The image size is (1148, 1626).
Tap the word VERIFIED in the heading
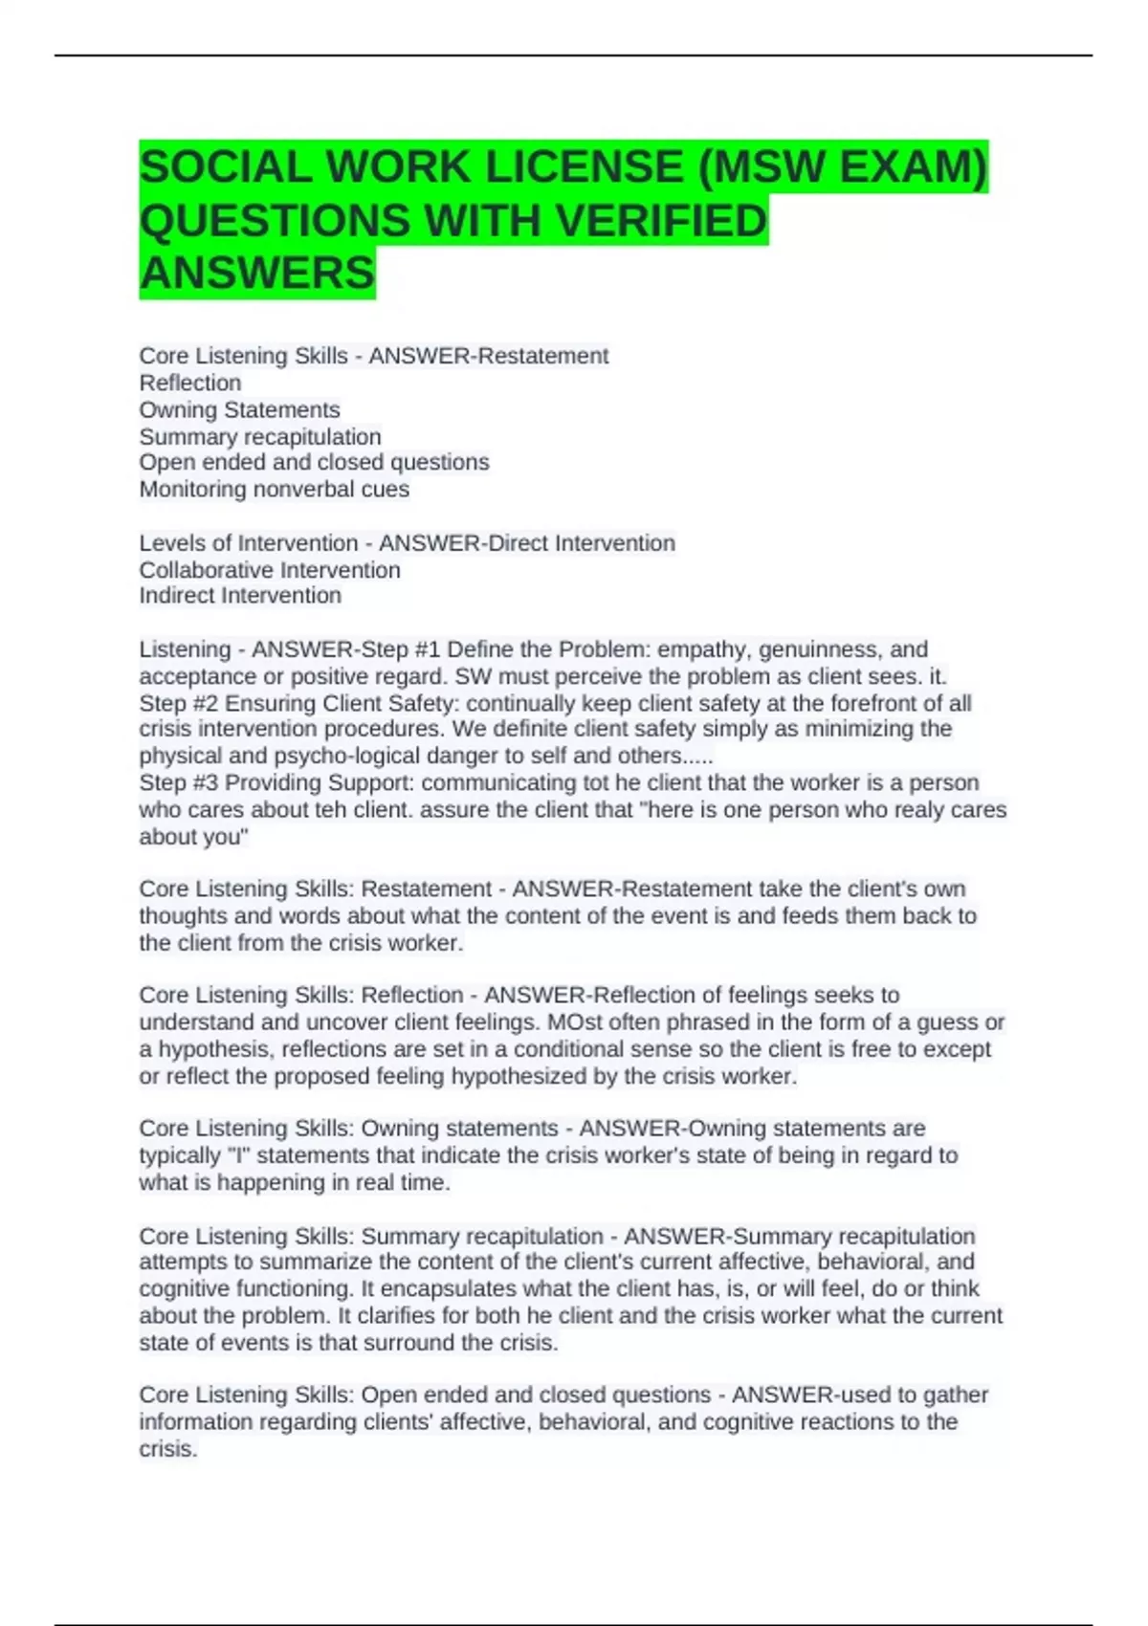[661, 221]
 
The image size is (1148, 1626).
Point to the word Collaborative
[201, 570]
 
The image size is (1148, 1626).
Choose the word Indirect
[175, 596]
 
